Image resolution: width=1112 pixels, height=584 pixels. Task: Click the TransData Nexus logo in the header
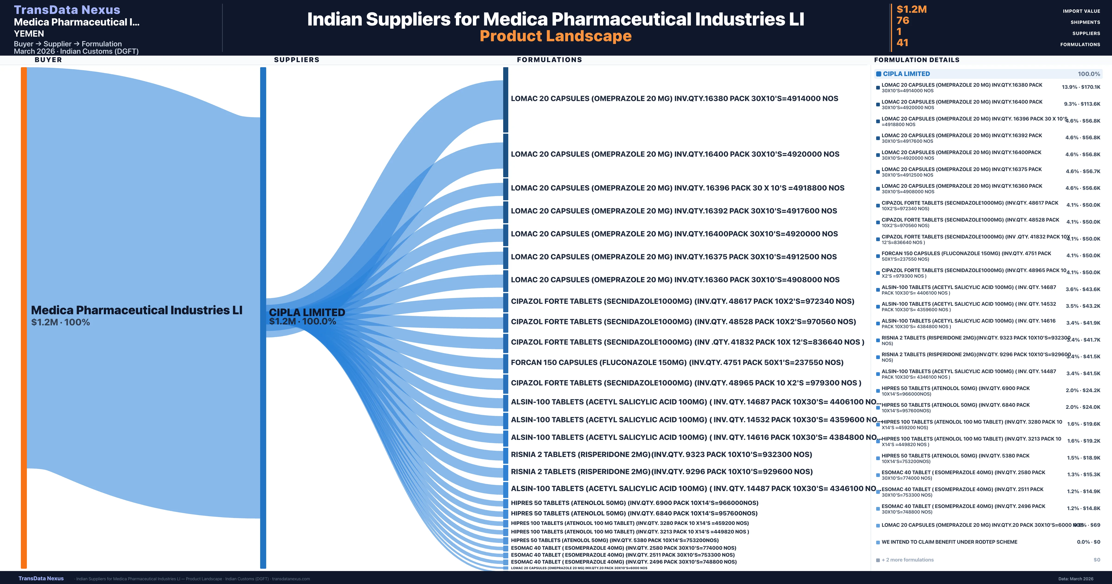pos(67,10)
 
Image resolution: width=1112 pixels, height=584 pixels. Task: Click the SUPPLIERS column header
pos(297,60)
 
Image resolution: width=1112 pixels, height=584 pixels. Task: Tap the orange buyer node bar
pos(24,317)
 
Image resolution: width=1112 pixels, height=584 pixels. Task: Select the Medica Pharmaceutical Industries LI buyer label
pos(136,310)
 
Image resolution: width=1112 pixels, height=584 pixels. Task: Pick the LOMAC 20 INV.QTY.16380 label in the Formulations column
pos(674,98)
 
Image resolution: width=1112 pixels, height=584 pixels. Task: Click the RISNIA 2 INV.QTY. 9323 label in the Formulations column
pos(661,454)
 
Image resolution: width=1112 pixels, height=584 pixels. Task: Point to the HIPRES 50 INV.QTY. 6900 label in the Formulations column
pos(634,503)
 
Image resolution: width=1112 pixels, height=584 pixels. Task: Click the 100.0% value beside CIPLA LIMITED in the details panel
pos(1089,74)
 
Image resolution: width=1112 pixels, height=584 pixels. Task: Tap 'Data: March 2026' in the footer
pos(1076,579)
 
